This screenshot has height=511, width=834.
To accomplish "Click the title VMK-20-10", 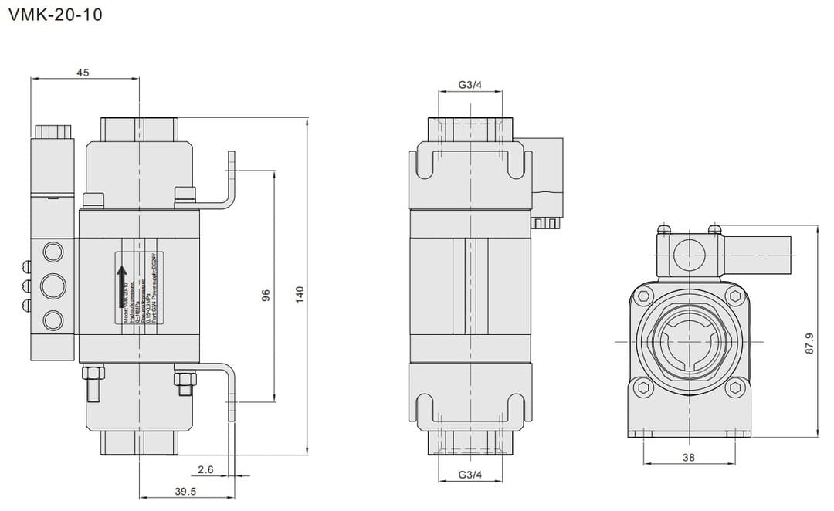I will pyautogui.click(x=54, y=15).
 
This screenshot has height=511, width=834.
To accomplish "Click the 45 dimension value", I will pyautogui.click(x=83, y=73).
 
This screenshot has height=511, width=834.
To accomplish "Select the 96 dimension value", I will pyautogui.click(x=266, y=295).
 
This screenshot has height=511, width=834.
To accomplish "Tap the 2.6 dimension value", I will pyautogui.click(x=205, y=469).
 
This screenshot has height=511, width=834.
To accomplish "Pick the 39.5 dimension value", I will pyautogui.click(x=185, y=491).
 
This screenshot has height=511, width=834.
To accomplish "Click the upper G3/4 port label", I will pyautogui.click(x=470, y=85).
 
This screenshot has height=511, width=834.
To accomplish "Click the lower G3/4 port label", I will pyautogui.click(x=470, y=474).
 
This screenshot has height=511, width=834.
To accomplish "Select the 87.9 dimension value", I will pyautogui.click(x=809, y=343).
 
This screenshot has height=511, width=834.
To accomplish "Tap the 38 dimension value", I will pyautogui.click(x=689, y=457).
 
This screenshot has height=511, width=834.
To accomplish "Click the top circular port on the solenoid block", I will pyautogui.click(x=53, y=252).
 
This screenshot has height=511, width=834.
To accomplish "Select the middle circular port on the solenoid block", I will pyautogui.click(x=53, y=285).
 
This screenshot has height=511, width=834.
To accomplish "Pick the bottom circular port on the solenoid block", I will pyautogui.click(x=53, y=319).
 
